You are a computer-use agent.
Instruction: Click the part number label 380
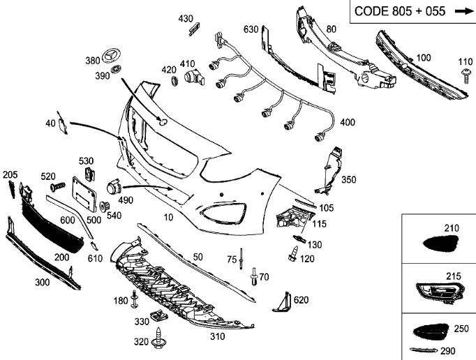(92, 61)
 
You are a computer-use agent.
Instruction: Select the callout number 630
(251, 29)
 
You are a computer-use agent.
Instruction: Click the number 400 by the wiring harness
(347, 123)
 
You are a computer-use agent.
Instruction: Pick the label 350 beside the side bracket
(349, 179)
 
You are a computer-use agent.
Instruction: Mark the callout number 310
(217, 336)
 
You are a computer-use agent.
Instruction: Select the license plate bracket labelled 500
(84, 193)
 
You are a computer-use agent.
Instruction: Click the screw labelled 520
(57, 187)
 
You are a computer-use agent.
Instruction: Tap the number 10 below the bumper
(168, 218)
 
